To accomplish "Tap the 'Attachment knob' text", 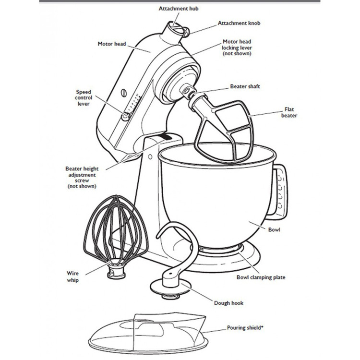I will click(x=239, y=23).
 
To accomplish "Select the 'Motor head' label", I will click(x=111, y=44).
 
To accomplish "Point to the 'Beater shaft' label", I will click(x=245, y=86).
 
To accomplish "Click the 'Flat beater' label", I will click(x=292, y=112).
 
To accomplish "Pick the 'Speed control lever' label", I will click(x=84, y=97).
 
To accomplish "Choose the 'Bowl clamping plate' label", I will click(x=261, y=277).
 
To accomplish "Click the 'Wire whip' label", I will click(x=72, y=276).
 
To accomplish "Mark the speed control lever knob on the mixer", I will click(x=126, y=116).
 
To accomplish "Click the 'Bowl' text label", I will click(x=275, y=230).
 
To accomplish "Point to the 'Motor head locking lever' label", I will click(x=237, y=48).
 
